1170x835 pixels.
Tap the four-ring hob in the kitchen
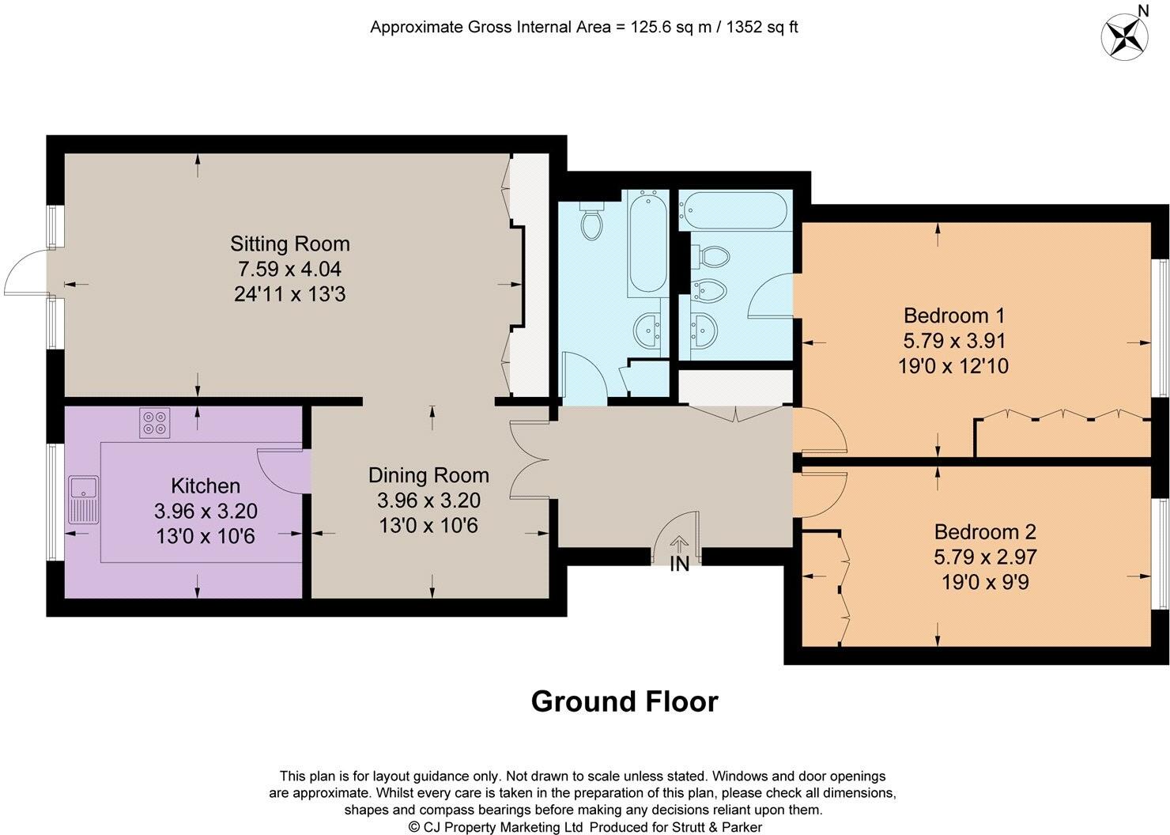155,422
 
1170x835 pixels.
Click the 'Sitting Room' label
289,244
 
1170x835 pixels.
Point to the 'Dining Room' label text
428,475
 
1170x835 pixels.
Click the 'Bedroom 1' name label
953,315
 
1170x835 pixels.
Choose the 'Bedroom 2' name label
984,532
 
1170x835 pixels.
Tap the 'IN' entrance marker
679,565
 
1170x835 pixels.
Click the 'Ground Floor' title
624,701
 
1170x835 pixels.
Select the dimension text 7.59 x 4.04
289,269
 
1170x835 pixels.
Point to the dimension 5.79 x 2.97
984,557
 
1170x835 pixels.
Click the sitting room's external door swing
25,273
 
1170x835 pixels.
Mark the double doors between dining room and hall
530,459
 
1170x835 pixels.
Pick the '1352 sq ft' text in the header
754,27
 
